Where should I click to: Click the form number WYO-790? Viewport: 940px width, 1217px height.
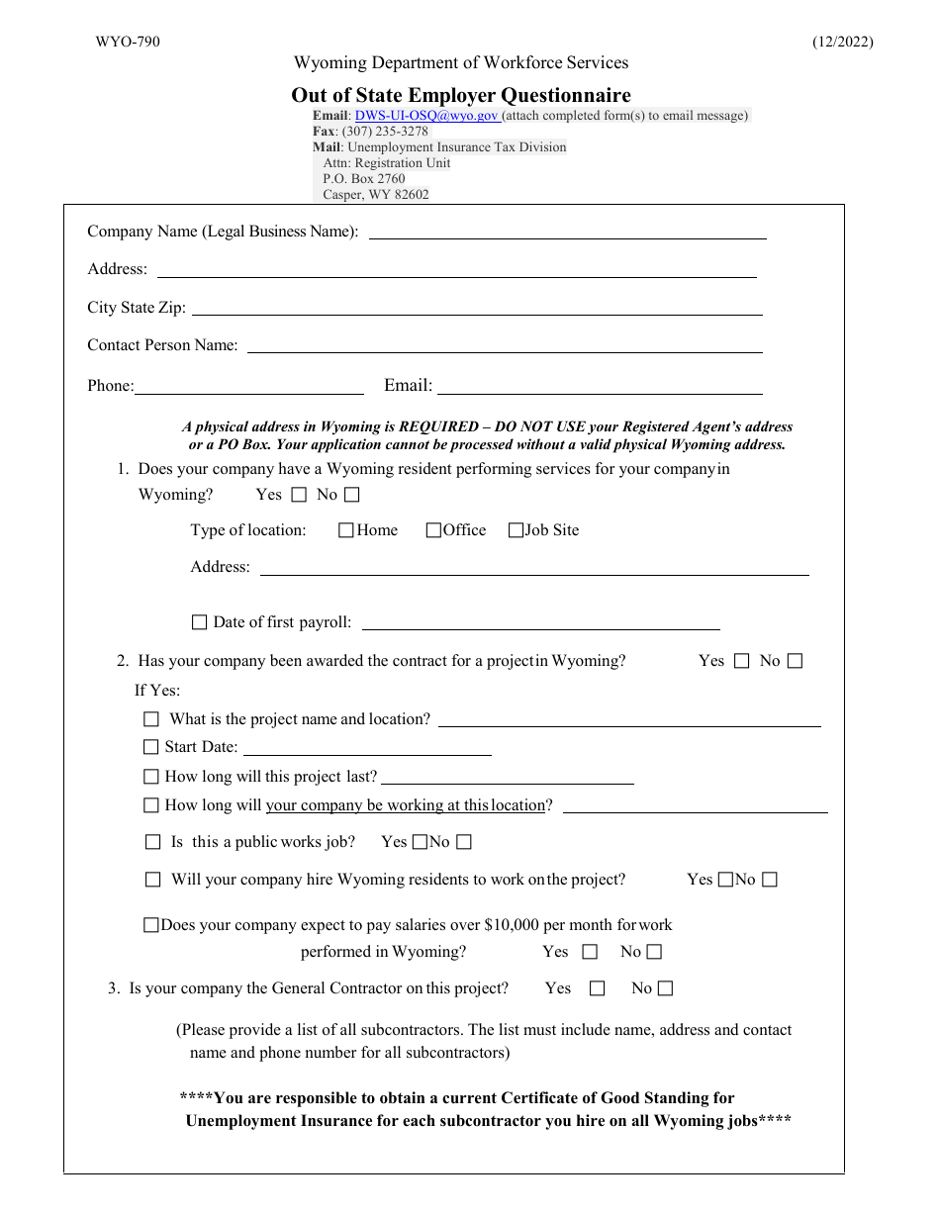coord(128,42)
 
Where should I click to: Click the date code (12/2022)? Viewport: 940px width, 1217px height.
coord(843,42)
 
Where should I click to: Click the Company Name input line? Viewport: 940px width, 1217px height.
coord(567,233)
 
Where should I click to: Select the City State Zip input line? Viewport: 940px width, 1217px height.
coord(476,309)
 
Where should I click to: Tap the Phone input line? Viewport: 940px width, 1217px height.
coord(248,387)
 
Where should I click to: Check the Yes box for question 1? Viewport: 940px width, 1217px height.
coord(300,495)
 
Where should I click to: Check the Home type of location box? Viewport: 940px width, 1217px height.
coord(346,530)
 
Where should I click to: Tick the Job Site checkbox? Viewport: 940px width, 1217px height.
coord(516,530)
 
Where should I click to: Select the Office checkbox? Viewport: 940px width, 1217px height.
coord(433,530)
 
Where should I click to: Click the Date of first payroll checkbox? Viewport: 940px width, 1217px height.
coord(199,622)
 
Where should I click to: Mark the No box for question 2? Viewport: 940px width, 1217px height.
coord(795,661)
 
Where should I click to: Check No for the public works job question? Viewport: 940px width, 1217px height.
coord(464,842)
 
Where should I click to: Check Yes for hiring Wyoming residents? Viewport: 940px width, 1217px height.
coord(725,880)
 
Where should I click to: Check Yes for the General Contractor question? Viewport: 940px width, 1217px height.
coord(597,988)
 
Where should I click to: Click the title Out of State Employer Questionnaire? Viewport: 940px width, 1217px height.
coord(460,96)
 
